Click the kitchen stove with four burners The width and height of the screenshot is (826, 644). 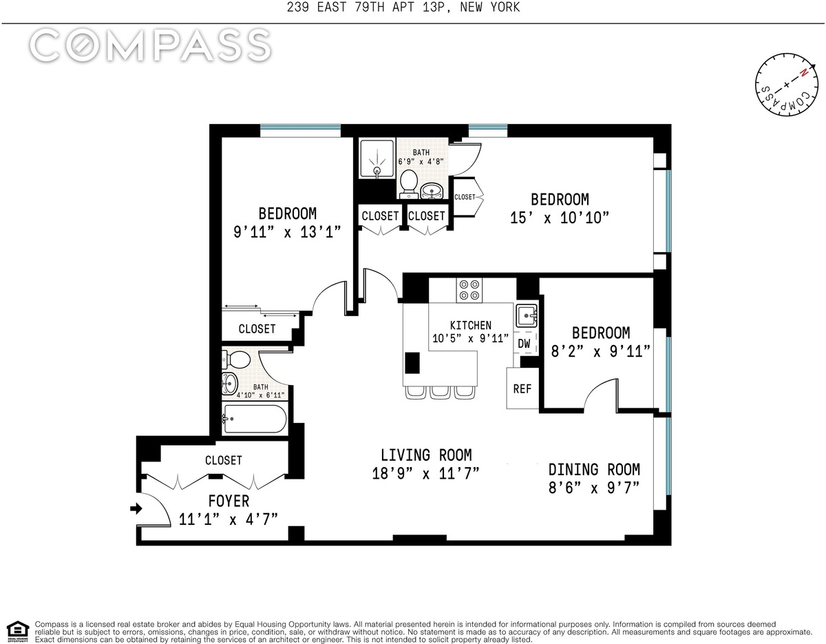(469, 290)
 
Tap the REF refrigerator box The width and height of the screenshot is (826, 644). (522, 388)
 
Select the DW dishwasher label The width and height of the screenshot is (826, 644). (524, 344)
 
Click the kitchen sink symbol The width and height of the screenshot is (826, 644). (527, 315)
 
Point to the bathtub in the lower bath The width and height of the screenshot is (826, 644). (255, 419)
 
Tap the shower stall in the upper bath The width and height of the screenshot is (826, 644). (377, 158)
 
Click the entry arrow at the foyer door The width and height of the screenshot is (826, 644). (136, 508)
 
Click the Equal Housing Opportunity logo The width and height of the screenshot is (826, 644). (18, 632)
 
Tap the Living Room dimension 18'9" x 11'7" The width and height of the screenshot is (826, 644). (425, 474)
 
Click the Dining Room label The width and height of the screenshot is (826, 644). (594, 470)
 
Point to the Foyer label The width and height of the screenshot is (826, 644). (229, 501)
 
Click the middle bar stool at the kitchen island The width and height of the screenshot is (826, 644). (440, 392)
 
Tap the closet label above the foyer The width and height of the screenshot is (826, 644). (224, 460)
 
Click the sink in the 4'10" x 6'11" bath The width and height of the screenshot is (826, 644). (229, 383)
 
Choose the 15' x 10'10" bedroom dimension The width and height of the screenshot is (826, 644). (559, 218)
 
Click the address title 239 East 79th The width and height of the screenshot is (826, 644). (403, 7)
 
